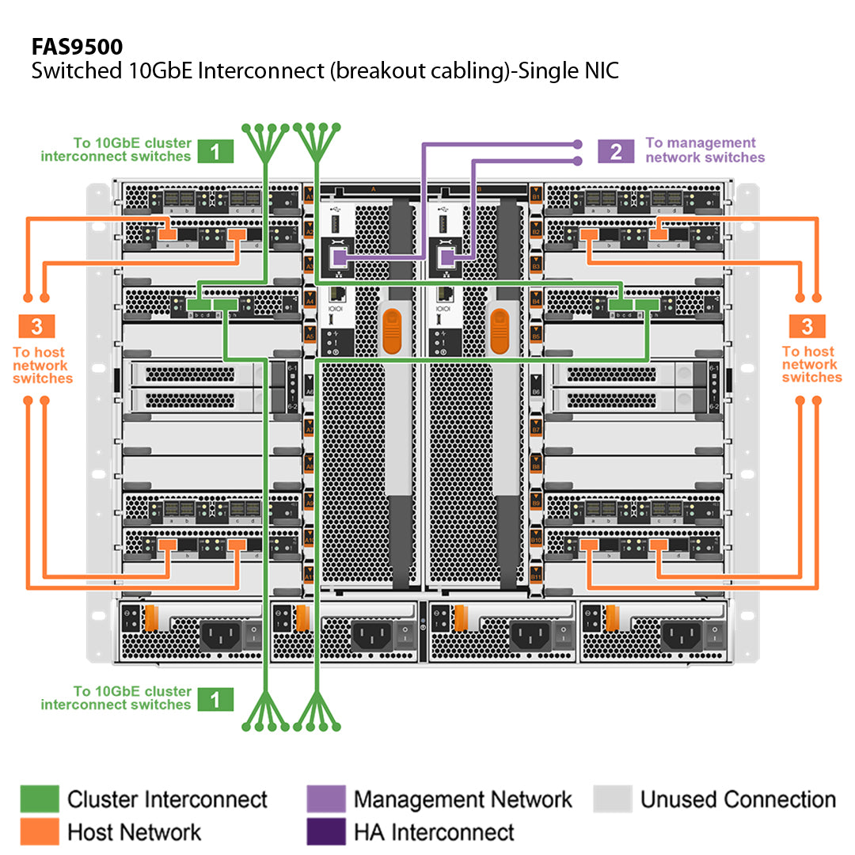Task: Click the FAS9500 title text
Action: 77,47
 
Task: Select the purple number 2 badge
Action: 616,150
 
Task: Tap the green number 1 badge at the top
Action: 215,150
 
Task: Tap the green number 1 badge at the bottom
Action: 215,698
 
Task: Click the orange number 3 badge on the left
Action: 37,325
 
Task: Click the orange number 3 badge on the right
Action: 807,325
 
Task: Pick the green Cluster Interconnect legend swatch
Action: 40,800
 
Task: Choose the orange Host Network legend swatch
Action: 40,831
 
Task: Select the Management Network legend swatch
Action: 325,800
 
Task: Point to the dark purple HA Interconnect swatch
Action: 325,831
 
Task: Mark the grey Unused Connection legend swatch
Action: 612,800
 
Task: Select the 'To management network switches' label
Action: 705,150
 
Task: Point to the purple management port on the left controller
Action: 339,256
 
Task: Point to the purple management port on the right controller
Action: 446,256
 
